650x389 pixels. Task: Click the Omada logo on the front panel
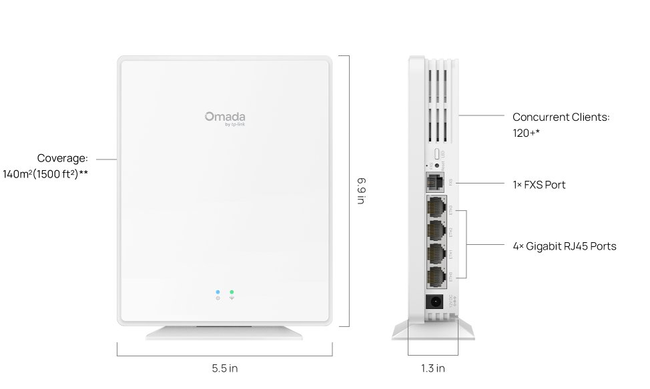[224, 117]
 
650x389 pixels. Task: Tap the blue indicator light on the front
[218, 292]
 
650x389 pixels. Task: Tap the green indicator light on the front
[232, 292]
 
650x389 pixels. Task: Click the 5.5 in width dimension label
[224, 368]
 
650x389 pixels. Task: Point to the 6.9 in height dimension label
[360, 191]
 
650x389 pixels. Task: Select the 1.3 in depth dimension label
[433, 368]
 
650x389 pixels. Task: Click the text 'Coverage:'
[62, 158]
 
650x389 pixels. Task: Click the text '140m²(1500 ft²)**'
[46, 175]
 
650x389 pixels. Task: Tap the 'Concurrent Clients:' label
[561, 117]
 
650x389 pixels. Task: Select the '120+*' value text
[526, 133]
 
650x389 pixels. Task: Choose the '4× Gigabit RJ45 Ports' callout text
[564, 246]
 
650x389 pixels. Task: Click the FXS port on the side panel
[435, 181]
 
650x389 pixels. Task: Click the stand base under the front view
[225, 332]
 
